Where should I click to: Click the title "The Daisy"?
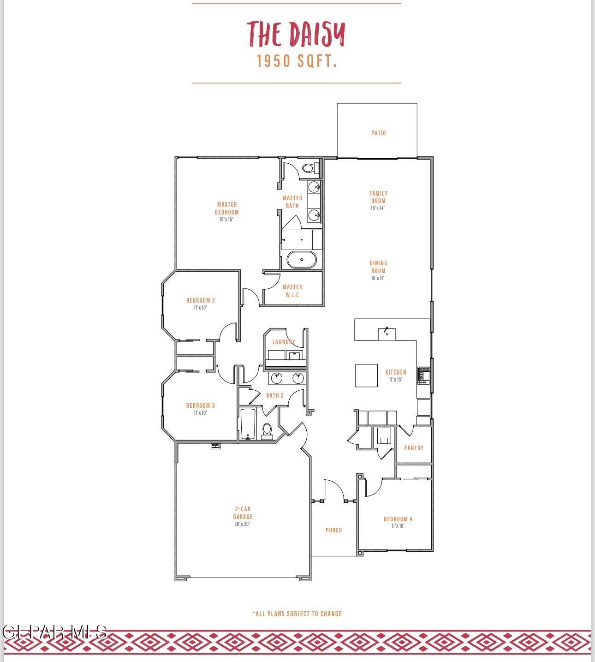(296, 34)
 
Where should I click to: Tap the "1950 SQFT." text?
(297, 61)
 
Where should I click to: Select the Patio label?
(378, 133)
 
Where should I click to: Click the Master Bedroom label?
(226, 209)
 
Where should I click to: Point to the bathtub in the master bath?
(302, 260)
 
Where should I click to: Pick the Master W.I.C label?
(292, 291)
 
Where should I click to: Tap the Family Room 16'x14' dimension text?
(377, 208)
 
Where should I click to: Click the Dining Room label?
(378, 267)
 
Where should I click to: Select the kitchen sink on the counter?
(387, 334)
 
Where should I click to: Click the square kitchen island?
(366, 376)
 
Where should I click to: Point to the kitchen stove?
(423, 376)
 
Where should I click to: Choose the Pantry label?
(414, 448)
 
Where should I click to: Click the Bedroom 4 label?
(398, 519)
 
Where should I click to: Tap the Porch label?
(333, 530)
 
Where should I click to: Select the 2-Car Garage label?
(243, 513)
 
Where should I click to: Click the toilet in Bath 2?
(267, 431)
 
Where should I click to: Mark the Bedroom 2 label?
(201, 300)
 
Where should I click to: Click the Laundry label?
(283, 342)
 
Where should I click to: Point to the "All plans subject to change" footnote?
(297, 614)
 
